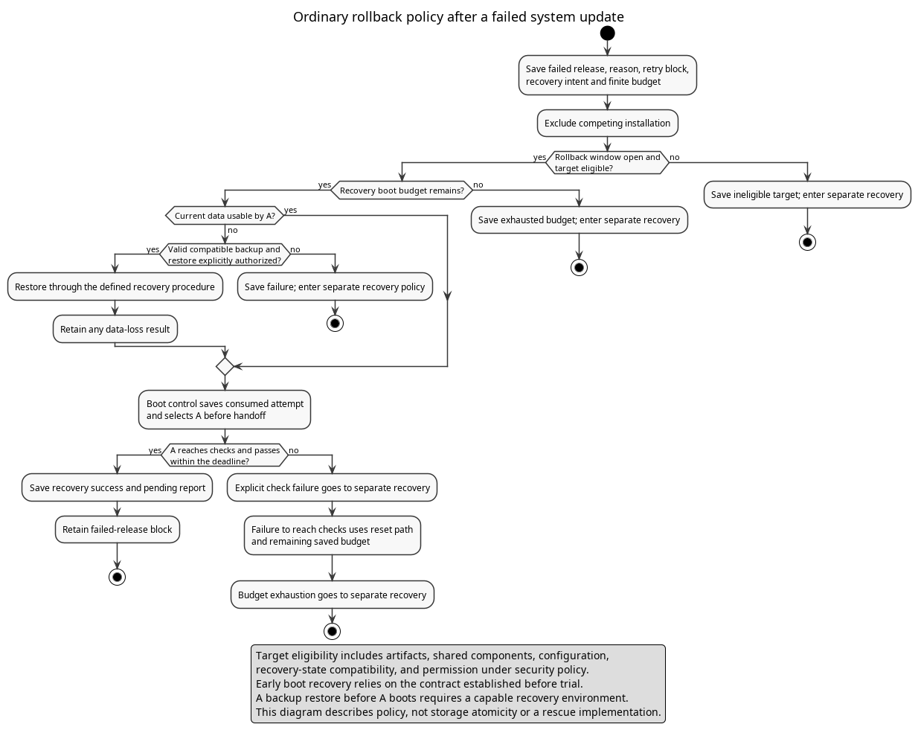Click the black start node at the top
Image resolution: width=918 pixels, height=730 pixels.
coord(607,33)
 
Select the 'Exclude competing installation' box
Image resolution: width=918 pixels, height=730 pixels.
coord(607,124)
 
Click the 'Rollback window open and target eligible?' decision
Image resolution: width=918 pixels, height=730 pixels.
coord(607,162)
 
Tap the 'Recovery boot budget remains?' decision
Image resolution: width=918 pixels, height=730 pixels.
coord(402,190)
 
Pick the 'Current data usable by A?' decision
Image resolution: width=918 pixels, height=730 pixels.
coord(225,216)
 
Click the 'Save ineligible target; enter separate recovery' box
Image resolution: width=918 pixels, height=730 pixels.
coord(807,194)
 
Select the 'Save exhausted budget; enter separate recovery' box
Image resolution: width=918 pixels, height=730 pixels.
coord(579,220)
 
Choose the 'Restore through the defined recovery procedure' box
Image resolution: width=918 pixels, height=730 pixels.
coord(115,286)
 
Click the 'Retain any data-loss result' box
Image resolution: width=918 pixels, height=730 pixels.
coord(115,329)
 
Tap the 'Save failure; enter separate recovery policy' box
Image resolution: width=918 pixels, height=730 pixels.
coord(335,286)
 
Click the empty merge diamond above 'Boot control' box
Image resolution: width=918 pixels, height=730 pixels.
coord(225,367)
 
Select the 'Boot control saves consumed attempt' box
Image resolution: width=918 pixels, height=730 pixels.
coord(225,409)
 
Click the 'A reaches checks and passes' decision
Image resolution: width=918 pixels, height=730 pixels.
coord(225,455)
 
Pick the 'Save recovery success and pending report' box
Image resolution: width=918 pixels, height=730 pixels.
coord(118,487)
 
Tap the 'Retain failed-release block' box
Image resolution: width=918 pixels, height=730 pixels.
coord(118,530)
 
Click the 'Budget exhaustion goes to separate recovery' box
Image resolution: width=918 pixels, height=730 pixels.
coord(333,595)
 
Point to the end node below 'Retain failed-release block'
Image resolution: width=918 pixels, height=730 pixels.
coord(118,577)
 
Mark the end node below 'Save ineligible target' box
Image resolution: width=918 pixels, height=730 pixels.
coord(807,243)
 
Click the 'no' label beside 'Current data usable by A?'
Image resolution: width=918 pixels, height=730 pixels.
coord(233,231)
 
